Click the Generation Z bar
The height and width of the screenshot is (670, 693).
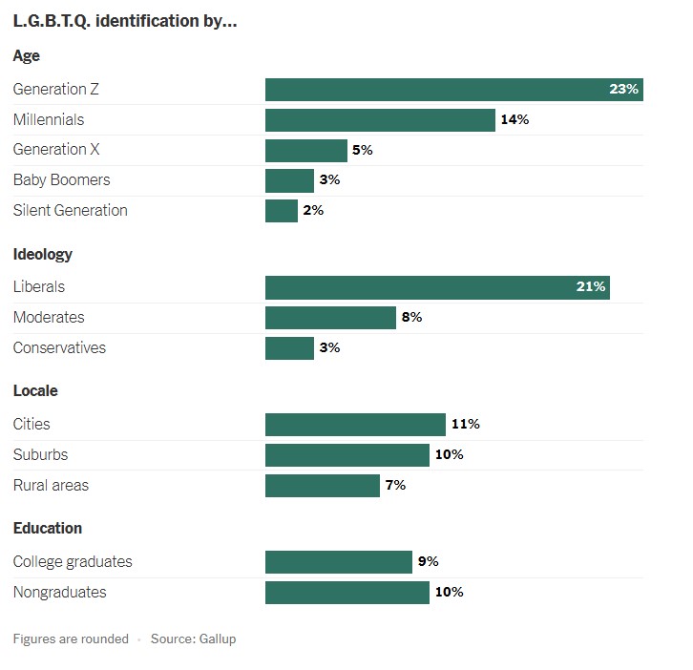coord(453,90)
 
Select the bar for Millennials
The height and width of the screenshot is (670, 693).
coord(380,120)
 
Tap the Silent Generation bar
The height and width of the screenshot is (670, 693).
coord(282,211)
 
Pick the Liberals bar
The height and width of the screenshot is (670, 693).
coord(437,287)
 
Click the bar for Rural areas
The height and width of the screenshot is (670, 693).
coord(323,486)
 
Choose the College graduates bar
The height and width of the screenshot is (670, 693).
coord(338,562)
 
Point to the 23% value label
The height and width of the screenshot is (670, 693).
coord(623,90)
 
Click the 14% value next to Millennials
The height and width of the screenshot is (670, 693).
coord(514,120)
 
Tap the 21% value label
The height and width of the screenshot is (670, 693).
coord(591,287)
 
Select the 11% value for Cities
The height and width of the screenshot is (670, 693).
coord(465,425)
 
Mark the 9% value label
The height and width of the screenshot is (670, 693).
coord(428,562)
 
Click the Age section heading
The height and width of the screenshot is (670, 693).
coord(27,56)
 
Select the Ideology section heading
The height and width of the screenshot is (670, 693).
coord(43,255)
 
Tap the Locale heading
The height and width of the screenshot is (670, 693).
coord(35,391)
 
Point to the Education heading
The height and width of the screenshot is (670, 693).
coord(48,529)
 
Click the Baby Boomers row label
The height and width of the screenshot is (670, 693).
coord(61,180)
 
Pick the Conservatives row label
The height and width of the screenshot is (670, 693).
coord(59,348)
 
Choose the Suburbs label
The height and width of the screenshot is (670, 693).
coord(40,455)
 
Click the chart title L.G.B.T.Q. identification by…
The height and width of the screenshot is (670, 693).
coord(124,22)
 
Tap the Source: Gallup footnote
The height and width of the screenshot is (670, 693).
coord(193,639)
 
